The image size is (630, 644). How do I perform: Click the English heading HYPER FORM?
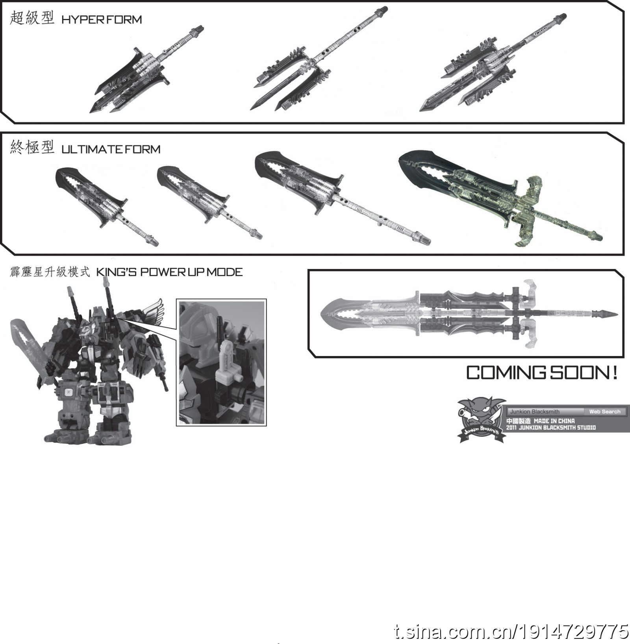[x=102, y=20]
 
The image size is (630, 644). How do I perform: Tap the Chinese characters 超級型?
[x=32, y=18]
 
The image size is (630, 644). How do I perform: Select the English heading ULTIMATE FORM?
[x=111, y=149]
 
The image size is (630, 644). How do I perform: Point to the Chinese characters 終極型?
[x=32, y=147]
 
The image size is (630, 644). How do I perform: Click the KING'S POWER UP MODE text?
[x=169, y=272]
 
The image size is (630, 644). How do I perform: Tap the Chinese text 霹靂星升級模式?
[x=50, y=272]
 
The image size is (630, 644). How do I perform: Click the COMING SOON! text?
[x=542, y=373]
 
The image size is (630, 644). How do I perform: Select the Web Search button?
[x=605, y=412]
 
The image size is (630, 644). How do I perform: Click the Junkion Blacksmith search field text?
[x=535, y=412]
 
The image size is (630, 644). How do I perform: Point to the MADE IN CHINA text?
[x=554, y=421]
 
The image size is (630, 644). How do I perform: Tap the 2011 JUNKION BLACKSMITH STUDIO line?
[x=551, y=427]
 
